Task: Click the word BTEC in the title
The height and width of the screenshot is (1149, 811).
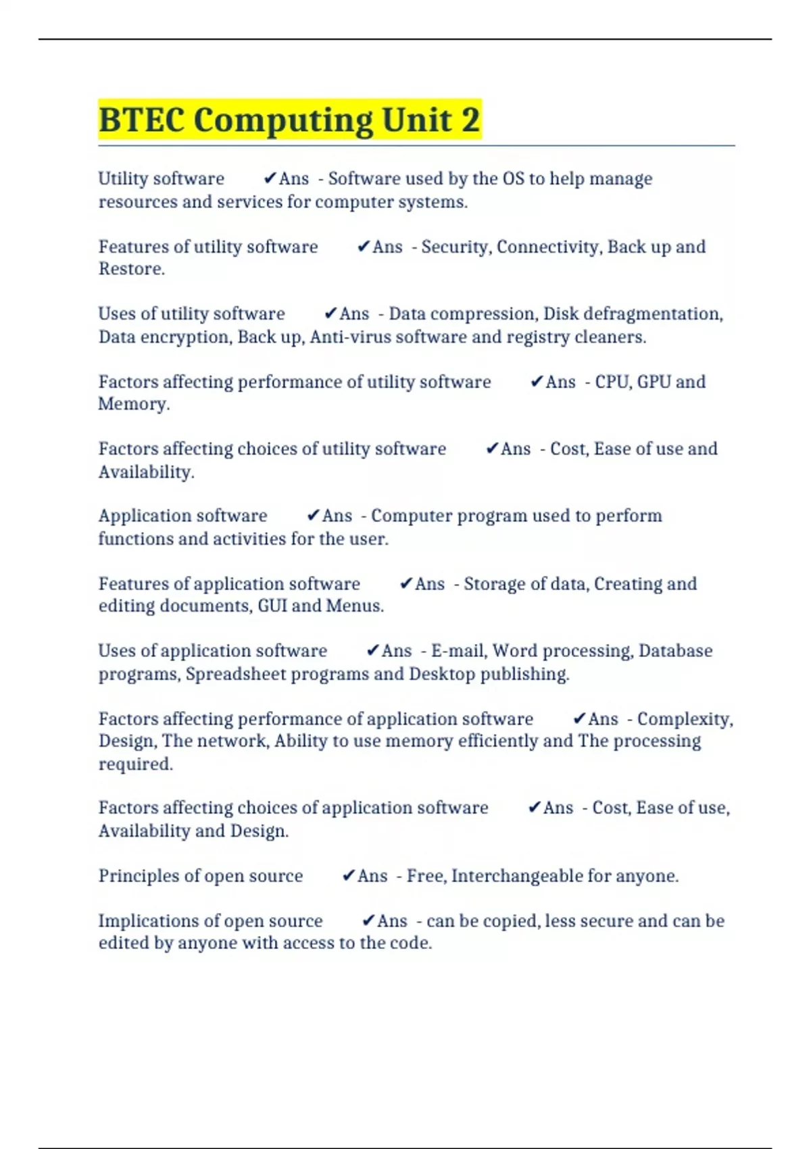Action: pos(141,120)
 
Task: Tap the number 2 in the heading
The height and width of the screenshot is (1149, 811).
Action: pos(470,120)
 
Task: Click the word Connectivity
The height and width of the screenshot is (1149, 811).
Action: pos(548,247)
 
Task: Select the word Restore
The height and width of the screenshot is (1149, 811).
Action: pos(131,269)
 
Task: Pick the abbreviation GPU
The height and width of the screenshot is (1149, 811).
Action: pos(654,382)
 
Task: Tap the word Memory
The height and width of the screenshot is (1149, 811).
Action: pos(133,404)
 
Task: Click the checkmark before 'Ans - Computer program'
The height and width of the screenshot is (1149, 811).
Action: pos(312,516)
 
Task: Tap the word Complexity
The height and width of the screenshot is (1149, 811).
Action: pos(685,719)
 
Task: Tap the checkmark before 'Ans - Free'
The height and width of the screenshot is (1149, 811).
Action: pos(348,876)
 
